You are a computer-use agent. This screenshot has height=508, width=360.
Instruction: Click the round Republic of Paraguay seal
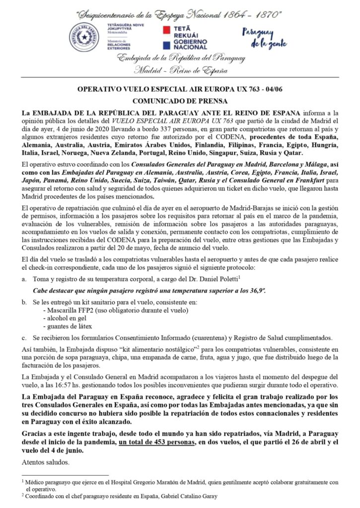point(83,37)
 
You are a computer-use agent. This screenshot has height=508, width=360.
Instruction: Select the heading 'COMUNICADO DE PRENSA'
point(180,99)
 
